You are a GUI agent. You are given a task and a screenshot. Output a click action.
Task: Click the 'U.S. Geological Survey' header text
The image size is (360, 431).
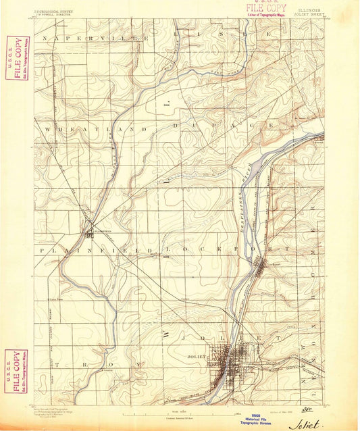pos(55,11)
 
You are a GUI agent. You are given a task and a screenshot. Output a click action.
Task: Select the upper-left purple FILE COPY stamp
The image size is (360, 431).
pos(17,58)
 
